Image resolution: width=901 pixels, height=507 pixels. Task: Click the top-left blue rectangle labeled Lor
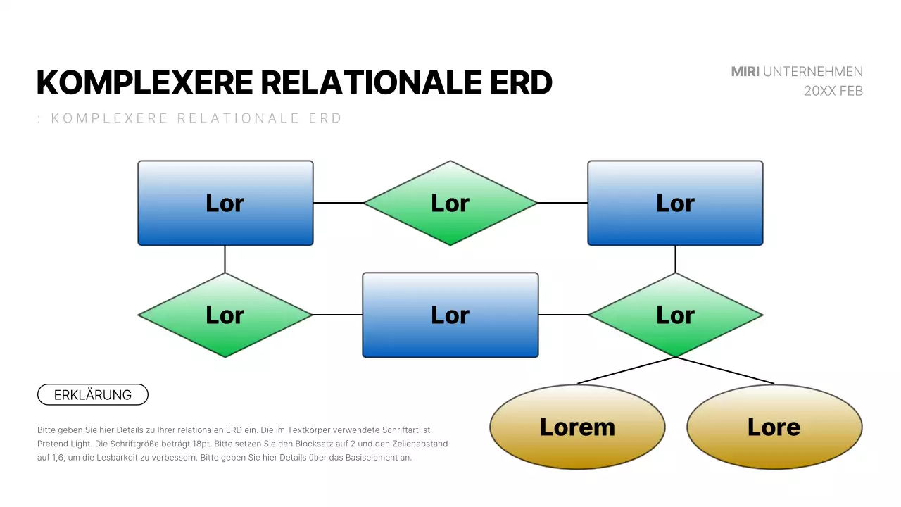(x=225, y=203)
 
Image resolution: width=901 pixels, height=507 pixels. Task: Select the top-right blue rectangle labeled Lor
(x=675, y=203)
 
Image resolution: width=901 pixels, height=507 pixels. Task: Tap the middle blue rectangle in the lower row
(x=450, y=315)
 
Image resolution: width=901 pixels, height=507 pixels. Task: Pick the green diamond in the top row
(x=450, y=203)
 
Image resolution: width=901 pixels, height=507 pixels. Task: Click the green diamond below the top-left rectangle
(x=225, y=315)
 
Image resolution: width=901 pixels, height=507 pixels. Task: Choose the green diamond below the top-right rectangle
(x=675, y=315)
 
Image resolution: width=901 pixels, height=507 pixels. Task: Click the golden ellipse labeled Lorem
(x=577, y=427)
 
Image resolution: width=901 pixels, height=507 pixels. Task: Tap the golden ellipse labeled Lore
(x=774, y=427)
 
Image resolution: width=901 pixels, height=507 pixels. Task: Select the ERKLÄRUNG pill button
(x=93, y=395)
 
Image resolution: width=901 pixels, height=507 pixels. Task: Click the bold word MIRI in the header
(x=745, y=72)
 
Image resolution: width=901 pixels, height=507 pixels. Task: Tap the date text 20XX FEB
(x=833, y=91)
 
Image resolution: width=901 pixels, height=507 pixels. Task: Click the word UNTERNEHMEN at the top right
(x=812, y=72)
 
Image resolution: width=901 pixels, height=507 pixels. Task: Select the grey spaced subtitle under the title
(x=190, y=118)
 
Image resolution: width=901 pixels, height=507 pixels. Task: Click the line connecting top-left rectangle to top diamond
(x=338, y=203)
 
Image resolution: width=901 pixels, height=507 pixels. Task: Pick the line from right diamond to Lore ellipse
(x=725, y=370)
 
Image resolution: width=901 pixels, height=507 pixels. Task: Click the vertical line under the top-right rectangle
(x=675, y=259)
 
